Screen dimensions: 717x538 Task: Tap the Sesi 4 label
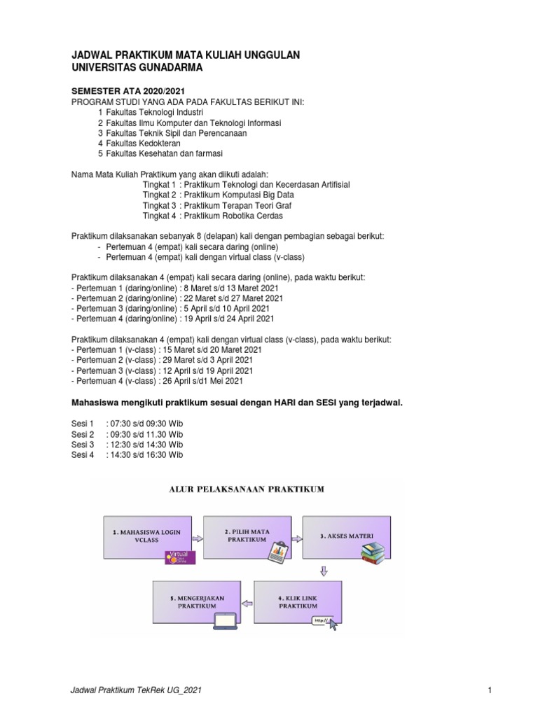[83, 454]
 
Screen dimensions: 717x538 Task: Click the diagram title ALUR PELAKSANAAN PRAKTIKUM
[247, 489]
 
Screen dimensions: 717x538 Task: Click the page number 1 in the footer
[491, 691]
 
